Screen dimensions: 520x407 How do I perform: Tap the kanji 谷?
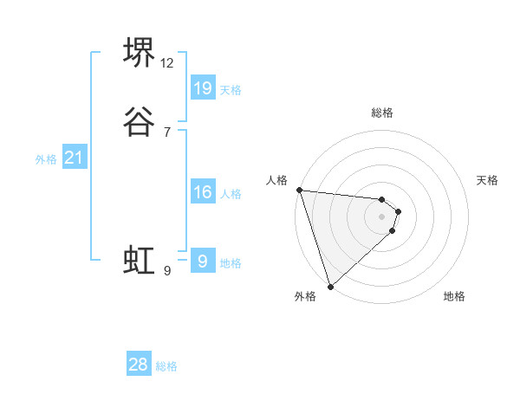coord(140,120)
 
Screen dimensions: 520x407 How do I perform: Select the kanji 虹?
coord(140,260)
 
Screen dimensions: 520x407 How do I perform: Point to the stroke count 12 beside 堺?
coord(167,63)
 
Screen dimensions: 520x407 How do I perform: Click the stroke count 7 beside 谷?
coord(166,132)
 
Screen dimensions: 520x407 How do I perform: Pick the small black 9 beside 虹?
coord(166,271)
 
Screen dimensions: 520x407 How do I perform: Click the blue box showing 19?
coord(203,87)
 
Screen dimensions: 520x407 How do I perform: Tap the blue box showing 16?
coord(203,192)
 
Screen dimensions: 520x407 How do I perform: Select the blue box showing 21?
coord(74,158)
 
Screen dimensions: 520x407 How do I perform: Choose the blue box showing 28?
coord(139,365)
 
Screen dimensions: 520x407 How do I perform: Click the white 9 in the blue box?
coord(203,262)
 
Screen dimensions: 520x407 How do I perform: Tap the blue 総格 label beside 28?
coord(166,367)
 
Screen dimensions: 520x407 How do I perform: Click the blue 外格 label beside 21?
coord(46,159)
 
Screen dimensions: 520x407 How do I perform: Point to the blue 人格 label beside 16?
coord(231,194)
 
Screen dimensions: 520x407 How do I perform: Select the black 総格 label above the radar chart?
coord(382,113)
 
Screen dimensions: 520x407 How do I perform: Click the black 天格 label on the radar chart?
coord(488,180)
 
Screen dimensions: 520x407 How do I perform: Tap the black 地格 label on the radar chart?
coord(454,296)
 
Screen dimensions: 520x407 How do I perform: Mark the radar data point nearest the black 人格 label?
coord(299,190)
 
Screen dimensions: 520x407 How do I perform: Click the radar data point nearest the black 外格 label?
coord(330,286)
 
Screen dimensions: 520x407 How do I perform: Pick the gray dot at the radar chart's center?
coord(382,216)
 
